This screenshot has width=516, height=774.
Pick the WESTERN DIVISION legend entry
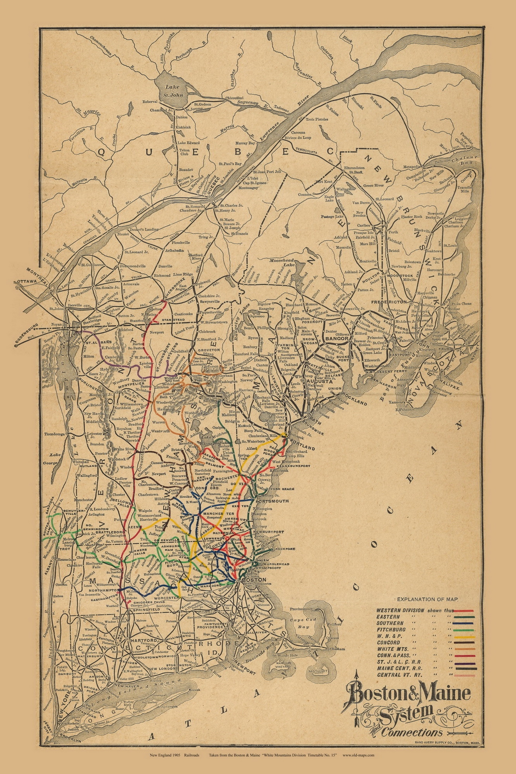pos(399,611)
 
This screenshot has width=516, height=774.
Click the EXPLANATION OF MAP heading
pos(425,599)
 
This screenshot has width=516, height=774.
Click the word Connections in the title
pos(411,732)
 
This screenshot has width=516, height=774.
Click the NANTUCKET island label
pos(318,671)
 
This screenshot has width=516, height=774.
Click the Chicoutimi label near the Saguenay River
pos(234,98)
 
